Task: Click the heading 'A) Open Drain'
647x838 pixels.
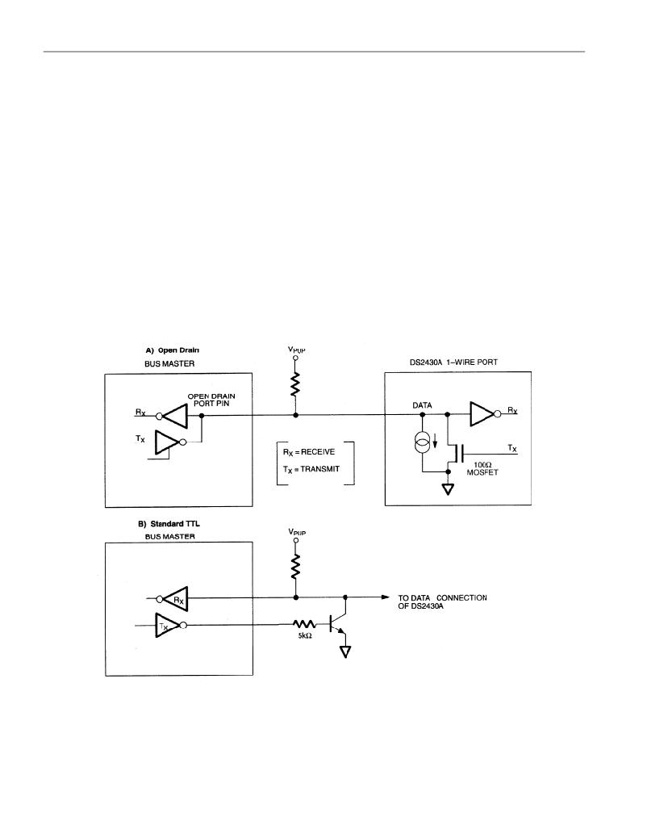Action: click(x=172, y=350)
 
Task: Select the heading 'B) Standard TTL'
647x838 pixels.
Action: click(x=169, y=524)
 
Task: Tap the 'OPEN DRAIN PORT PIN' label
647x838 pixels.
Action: click(x=211, y=400)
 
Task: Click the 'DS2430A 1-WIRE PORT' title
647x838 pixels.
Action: click(x=450, y=362)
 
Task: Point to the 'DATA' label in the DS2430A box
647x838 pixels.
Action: click(x=422, y=405)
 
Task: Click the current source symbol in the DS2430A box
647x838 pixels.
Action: click(x=422, y=443)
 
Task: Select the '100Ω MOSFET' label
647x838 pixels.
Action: click(x=482, y=469)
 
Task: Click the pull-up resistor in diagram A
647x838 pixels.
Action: click(x=295, y=383)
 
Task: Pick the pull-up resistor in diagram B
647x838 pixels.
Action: click(x=295, y=567)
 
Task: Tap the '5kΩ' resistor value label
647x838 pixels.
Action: click(x=305, y=636)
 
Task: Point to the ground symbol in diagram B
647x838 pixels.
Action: click(x=345, y=652)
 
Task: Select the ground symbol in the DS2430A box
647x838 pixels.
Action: click(x=448, y=489)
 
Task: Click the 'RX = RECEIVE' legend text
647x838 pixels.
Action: click(x=309, y=452)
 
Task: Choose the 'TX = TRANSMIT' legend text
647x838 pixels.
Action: click(x=311, y=469)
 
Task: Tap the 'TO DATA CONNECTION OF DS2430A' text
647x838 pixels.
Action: click(x=442, y=601)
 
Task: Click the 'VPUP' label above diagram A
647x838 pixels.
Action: click(x=297, y=350)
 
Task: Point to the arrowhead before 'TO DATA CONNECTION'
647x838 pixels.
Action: click(x=386, y=597)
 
